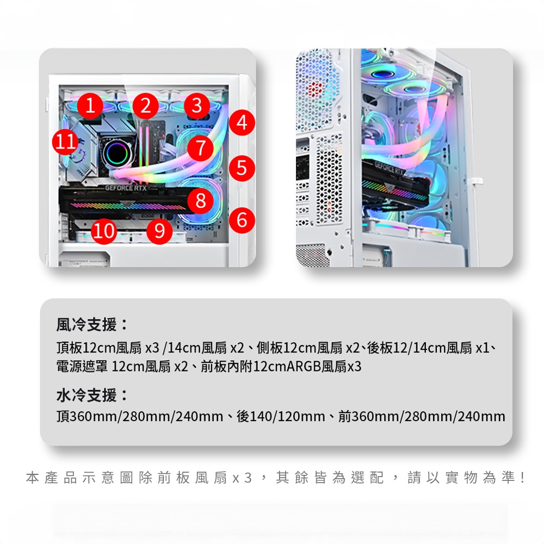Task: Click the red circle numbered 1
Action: (x=90, y=105)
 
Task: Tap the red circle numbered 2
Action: (x=145, y=105)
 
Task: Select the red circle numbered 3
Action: (x=197, y=105)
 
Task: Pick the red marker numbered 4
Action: (x=242, y=122)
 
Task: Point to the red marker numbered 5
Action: (x=242, y=168)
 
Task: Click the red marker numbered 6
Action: (x=242, y=220)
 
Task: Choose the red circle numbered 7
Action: (x=201, y=148)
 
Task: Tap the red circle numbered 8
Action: (x=201, y=201)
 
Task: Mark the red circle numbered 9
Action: (x=159, y=231)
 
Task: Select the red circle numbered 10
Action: (x=104, y=231)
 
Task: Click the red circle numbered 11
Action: (x=65, y=142)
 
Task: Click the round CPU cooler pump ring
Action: (x=118, y=153)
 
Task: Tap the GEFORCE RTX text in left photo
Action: (x=126, y=188)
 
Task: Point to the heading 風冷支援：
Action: (x=92, y=324)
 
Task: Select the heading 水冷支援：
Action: (x=92, y=395)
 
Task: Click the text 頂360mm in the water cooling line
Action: (x=88, y=416)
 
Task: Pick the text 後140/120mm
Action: (x=281, y=416)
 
